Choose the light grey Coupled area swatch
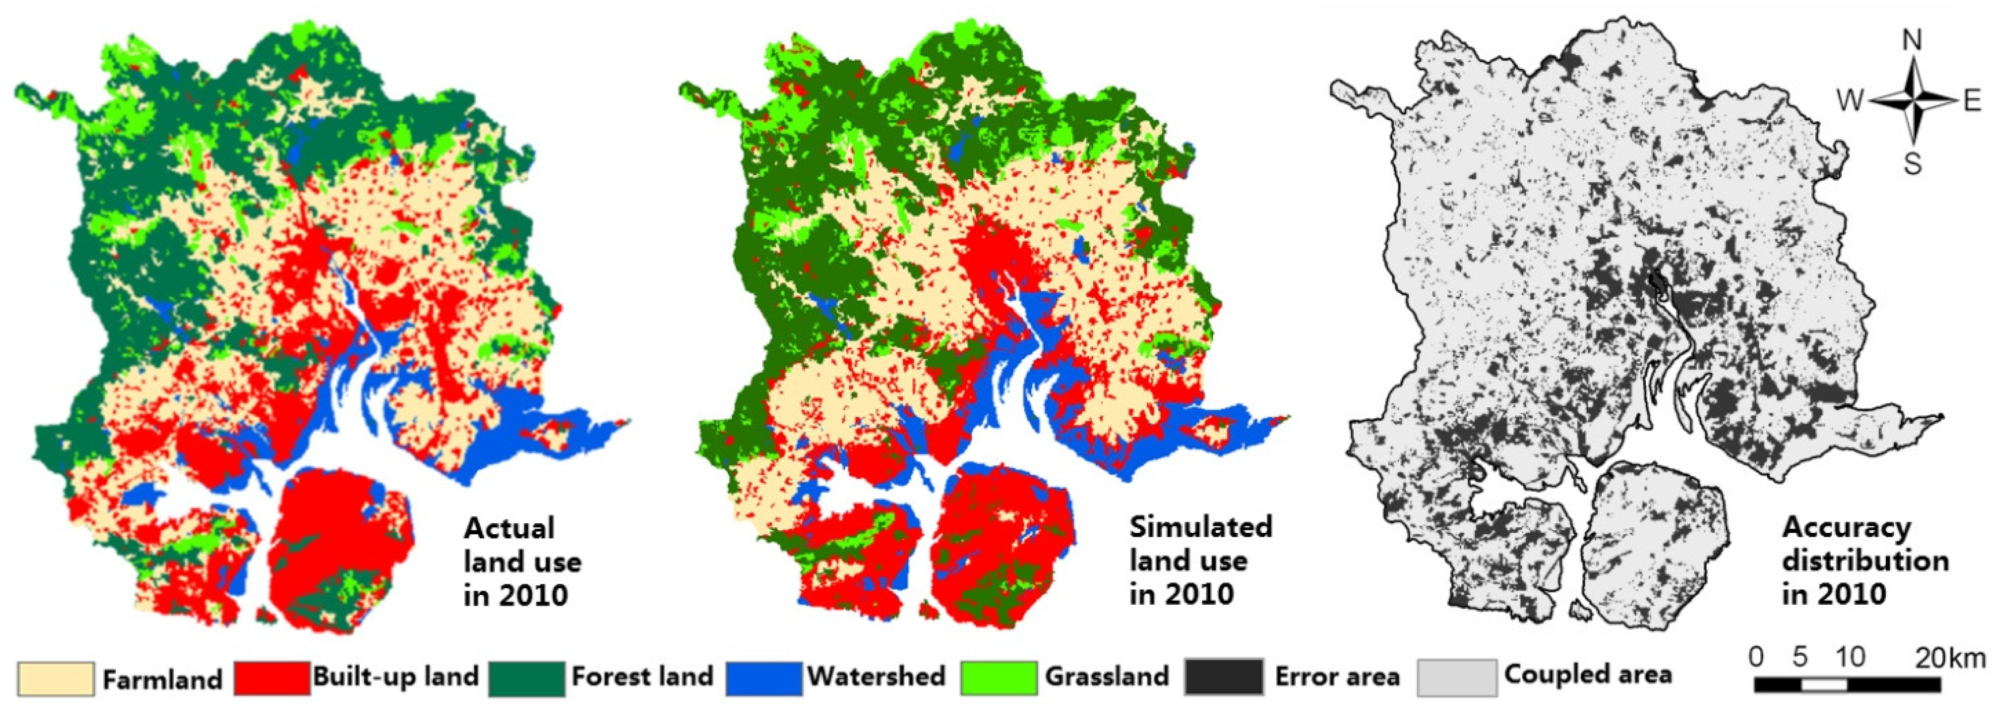(x=1457, y=677)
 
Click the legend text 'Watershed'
(x=877, y=677)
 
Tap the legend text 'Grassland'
(x=1106, y=677)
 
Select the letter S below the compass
(x=1913, y=164)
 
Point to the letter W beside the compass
(x=1851, y=101)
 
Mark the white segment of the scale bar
(x=1824, y=684)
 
